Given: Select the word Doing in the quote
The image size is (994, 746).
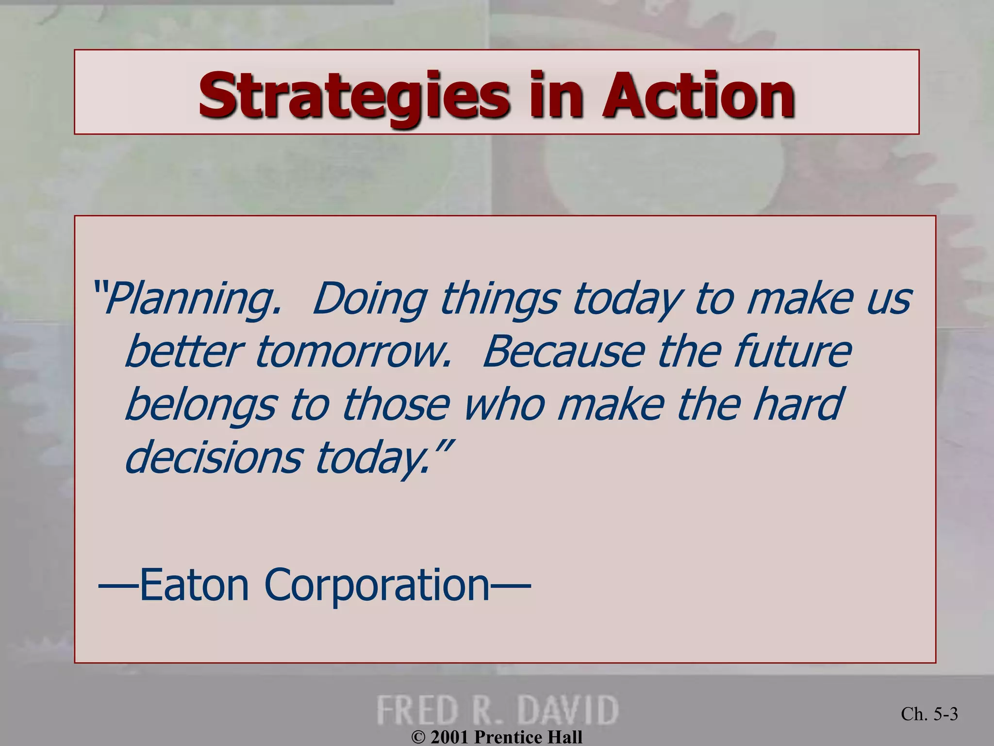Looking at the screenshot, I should pyautogui.click(x=369, y=299).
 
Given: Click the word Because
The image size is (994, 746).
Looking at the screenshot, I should pyautogui.click(x=563, y=352).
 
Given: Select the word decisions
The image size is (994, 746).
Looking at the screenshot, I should pyautogui.click(x=213, y=458).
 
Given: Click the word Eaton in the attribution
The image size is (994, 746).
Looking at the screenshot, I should pyautogui.click(x=194, y=585).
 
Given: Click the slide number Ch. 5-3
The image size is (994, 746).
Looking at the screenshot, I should pyautogui.click(x=929, y=714).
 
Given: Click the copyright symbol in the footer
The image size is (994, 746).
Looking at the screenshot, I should pyautogui.click(x=418, y=738).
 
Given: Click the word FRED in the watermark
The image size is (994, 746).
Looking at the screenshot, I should pyautogui.click(x=418, y=710).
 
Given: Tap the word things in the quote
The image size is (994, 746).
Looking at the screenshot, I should pyautogui.click(x=499, y=299).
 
